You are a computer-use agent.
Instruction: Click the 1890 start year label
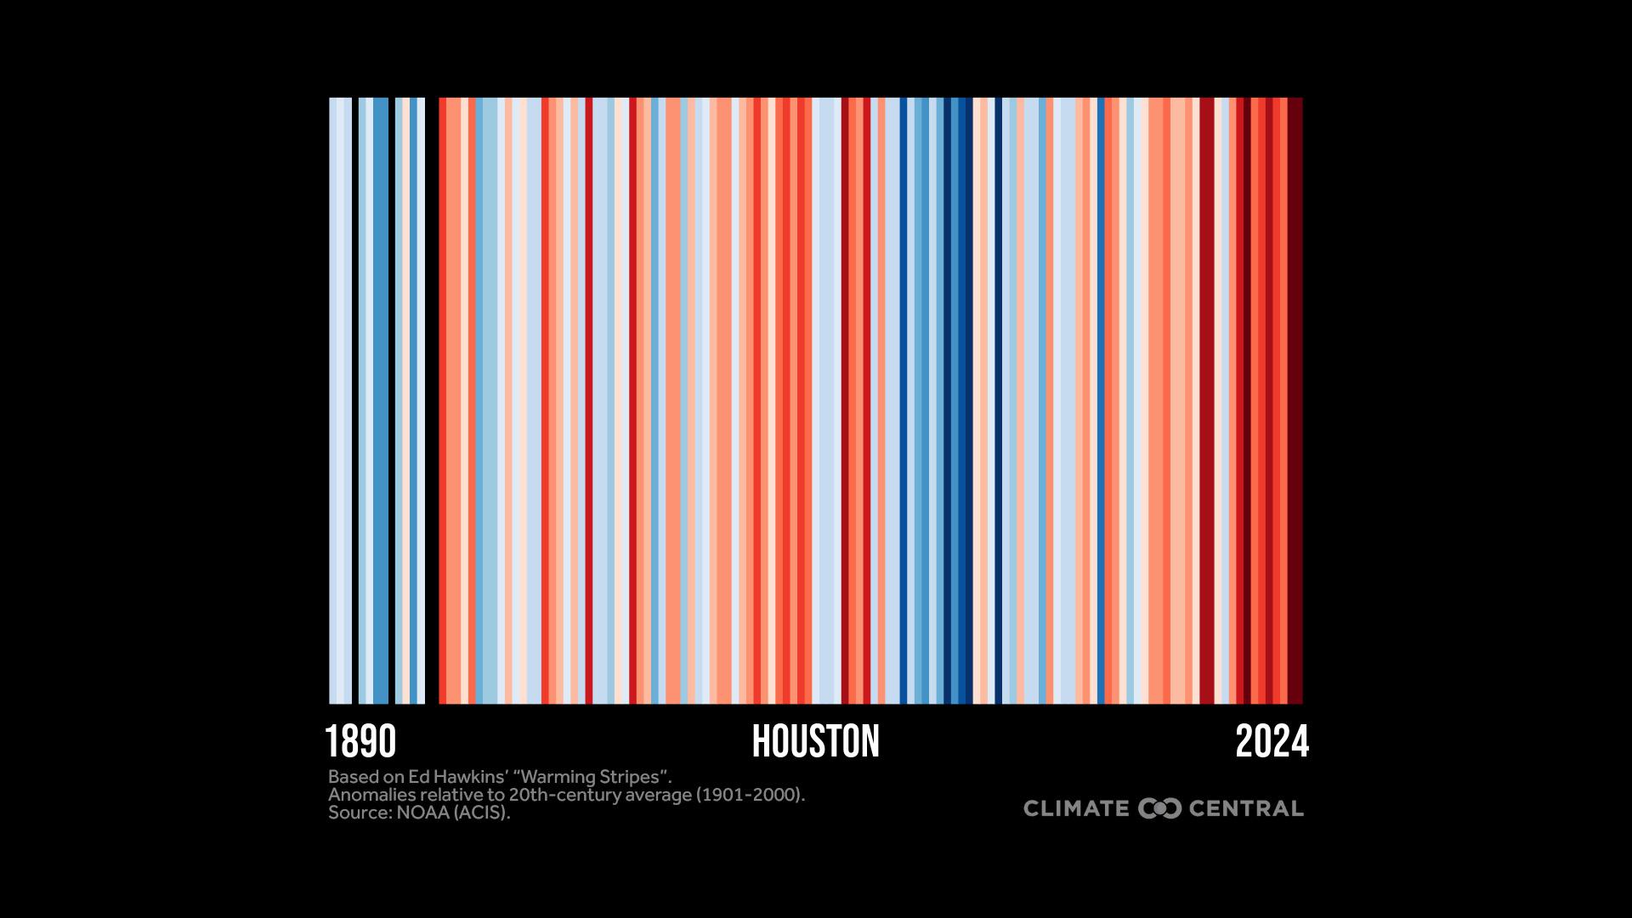(x=360, y=742)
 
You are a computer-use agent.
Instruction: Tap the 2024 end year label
(x=1272, y=742)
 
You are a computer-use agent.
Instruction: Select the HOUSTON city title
(x=816, y=742)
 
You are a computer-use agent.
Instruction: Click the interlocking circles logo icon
(x=1159, y=808)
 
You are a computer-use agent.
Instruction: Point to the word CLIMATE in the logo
(x=1076, y=808)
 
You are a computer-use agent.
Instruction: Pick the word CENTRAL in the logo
(x=1246, y=808)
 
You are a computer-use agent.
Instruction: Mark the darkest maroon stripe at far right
(x=1295, y=399)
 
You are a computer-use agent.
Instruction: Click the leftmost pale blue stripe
(x=340, y=399)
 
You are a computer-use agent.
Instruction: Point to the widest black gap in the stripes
(x=432, y=399)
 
